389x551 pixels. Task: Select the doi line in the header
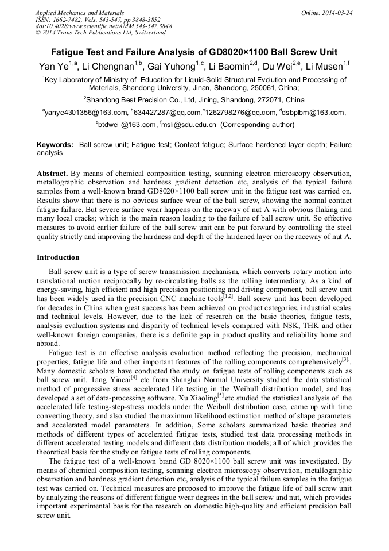103,26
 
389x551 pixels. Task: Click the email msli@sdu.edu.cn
190,124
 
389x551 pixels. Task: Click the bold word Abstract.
52,173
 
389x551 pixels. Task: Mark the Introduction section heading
58,257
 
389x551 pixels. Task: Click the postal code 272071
259,99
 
